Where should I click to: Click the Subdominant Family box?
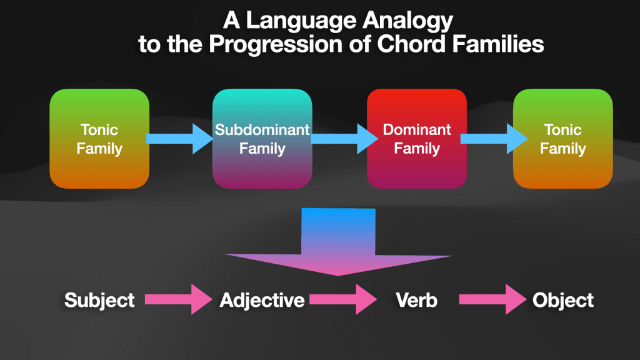[x=262, y=138]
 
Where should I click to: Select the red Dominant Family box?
[x=417, y=138]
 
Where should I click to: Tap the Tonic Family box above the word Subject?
[x=99, y=138]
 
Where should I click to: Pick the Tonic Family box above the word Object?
[x=563, y=138]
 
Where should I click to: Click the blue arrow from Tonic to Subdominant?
[x=179, y=139]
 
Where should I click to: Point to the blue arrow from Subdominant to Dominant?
[x=344, y=139]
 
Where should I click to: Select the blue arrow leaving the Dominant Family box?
[x=494, y=139]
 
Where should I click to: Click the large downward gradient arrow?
[x=338, y=242]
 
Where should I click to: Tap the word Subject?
[x=99, y=301]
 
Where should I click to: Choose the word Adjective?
[x=262, y=301]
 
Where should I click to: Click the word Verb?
[x=416, y=301]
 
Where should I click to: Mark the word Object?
[x=563, y=301]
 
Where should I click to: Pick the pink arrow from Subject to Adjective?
[x=179, y=299]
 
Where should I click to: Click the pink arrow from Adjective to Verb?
[x=343, y=299]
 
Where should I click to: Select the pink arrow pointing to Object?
[x=492, y=299]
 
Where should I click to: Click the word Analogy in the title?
[x=407, y=21]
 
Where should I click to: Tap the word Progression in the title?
[x=276, y=44]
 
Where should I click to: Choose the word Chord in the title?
[x=411, y=44]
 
